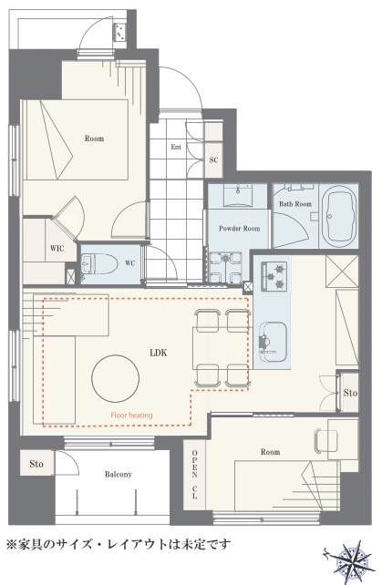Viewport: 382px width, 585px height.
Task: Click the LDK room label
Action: pos(159,353)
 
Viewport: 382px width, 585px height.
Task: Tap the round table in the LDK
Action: pos(116,378)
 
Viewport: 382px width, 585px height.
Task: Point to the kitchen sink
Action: pos(273,342)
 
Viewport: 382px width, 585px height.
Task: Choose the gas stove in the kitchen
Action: pos(274,276)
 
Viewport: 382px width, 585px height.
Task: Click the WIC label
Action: pos(57,248)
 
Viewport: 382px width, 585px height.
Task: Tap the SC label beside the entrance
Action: pos(213,160)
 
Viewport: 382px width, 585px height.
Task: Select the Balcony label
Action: pos(118,474)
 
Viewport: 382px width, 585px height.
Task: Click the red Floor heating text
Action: pos(131,415)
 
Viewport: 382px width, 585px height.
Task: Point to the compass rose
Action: pos(351,561)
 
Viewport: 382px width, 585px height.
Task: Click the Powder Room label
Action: pos(240,229)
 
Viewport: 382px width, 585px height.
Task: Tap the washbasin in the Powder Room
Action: pos(237,195)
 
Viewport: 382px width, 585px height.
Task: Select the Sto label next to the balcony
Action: pos(36,464)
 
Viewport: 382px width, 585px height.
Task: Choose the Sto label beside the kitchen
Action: pos(350,393)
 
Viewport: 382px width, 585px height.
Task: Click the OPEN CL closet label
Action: pos(194,474)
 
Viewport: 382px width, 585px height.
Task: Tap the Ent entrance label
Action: pos(176,147)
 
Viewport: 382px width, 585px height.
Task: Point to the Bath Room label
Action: pos(295,204)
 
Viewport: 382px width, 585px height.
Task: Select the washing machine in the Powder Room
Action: pos(225,267)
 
